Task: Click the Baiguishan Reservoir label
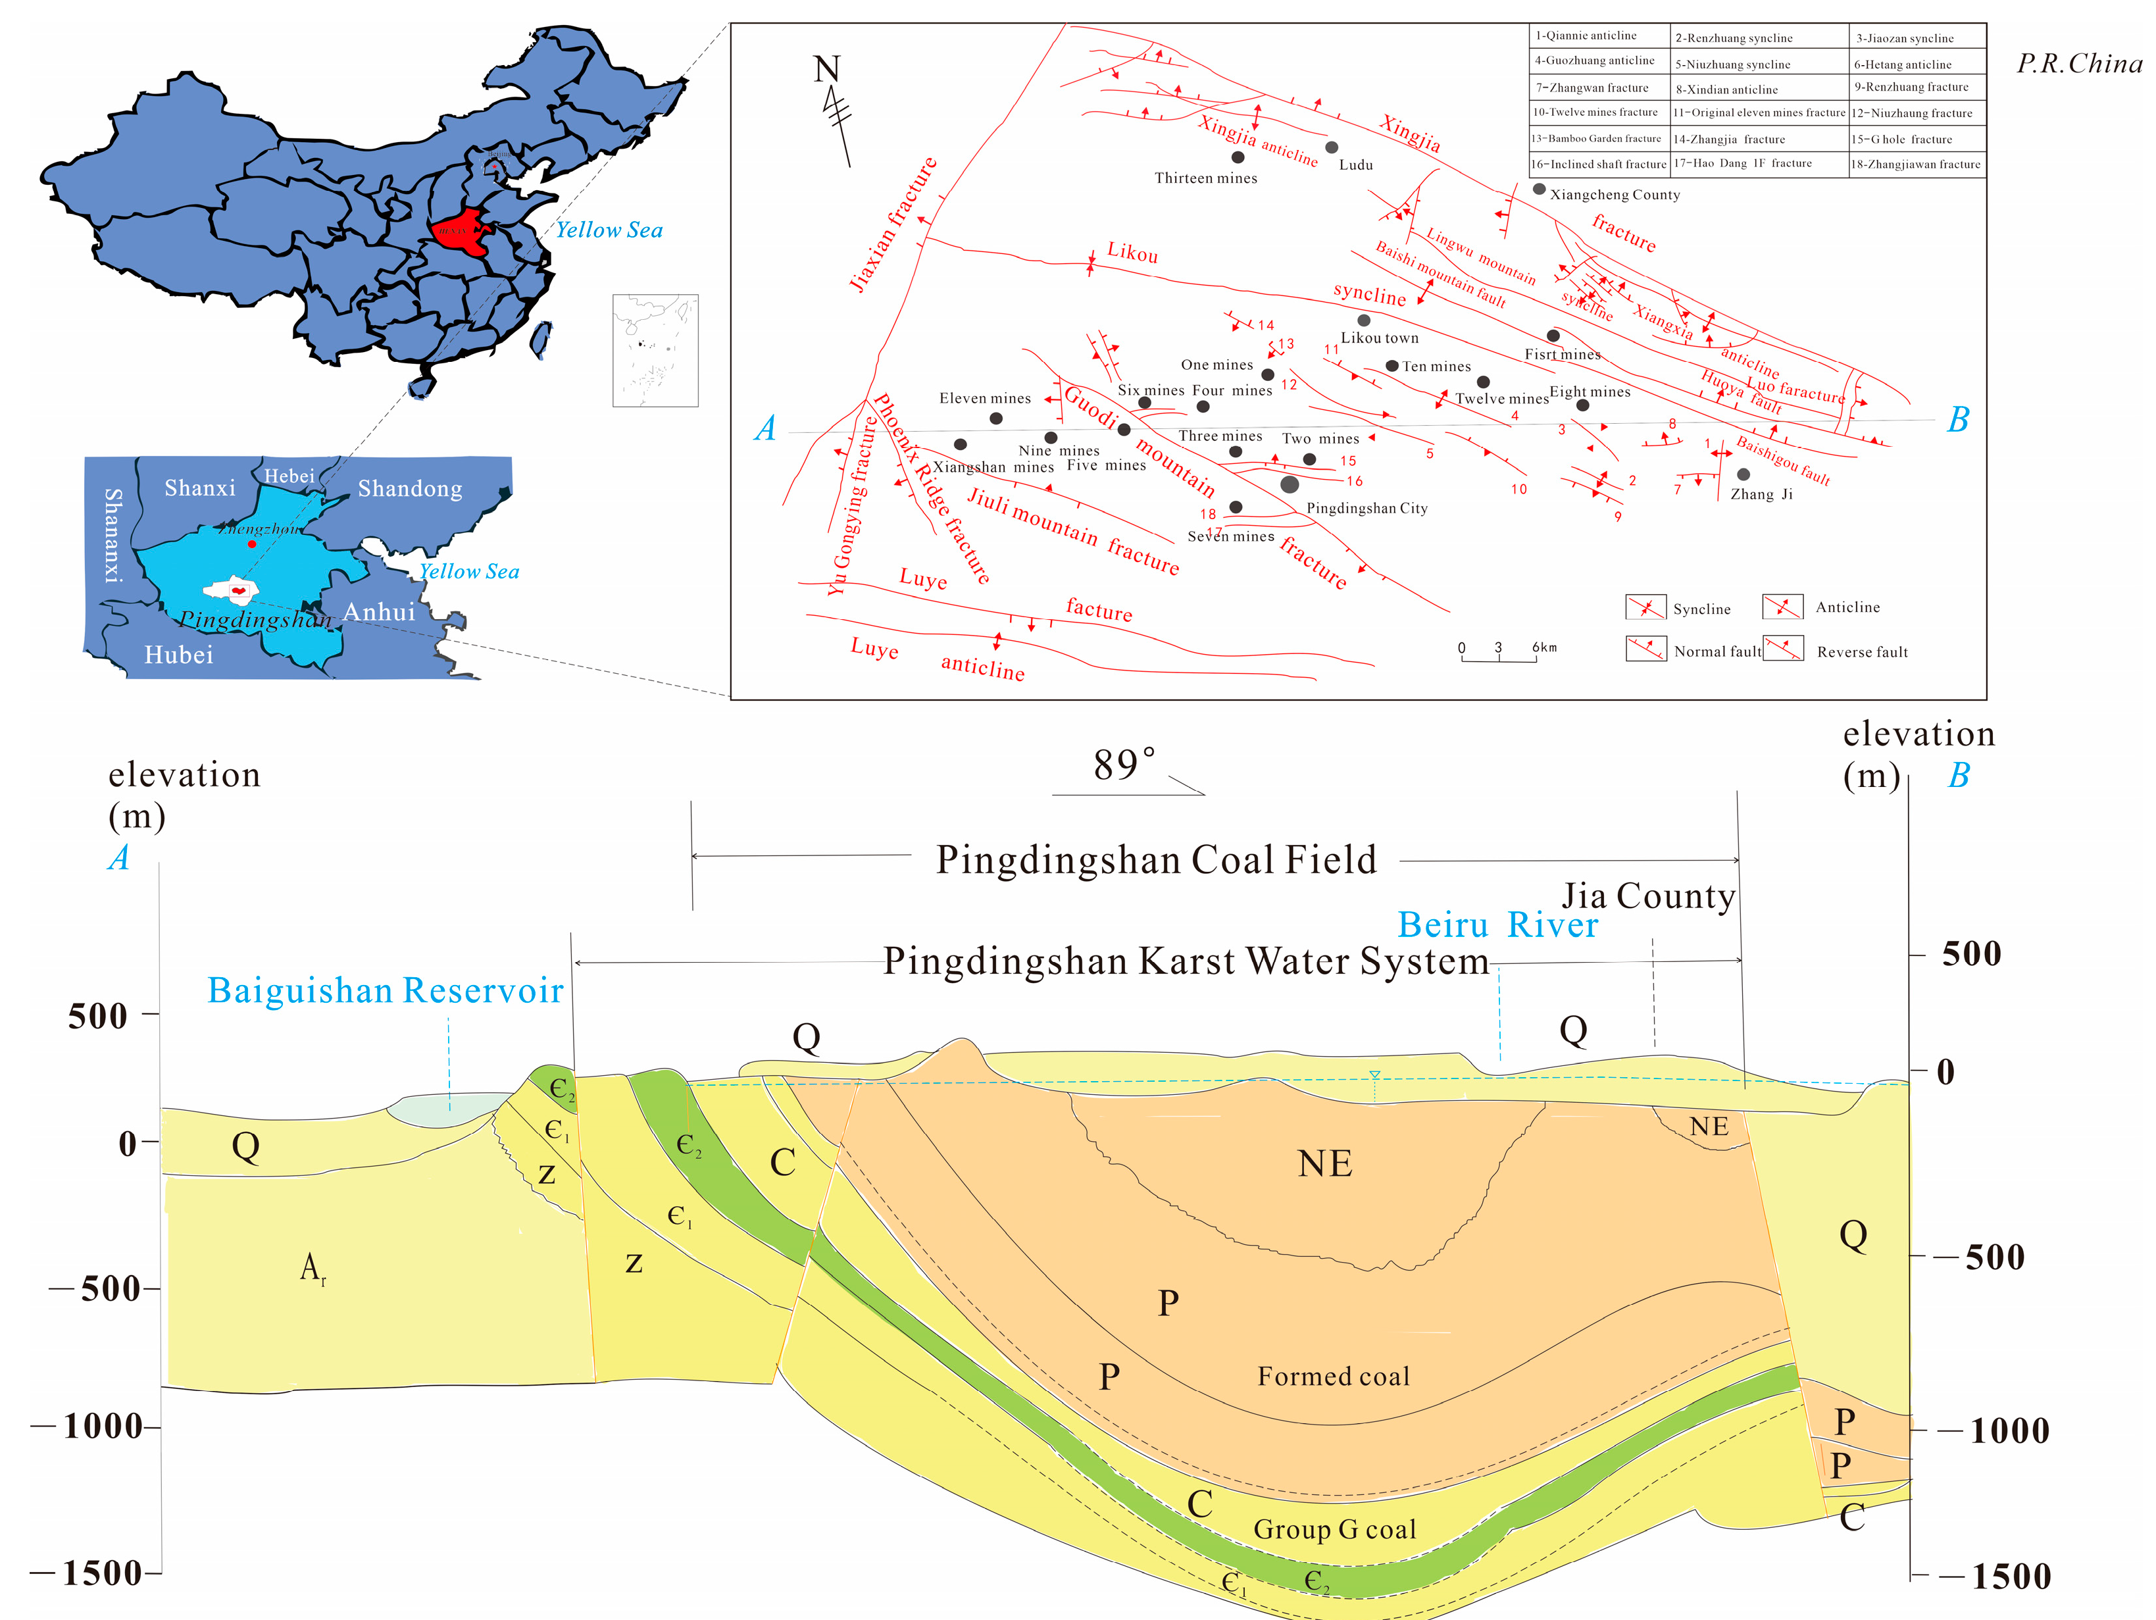(x=385, y=990)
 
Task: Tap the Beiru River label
(x=1497, y=924)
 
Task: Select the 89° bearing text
(x=1124, y=765)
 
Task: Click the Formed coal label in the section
(x=1334, y=1377)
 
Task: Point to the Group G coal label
(x=1334, y=1529)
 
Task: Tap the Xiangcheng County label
(x=1615, y=195)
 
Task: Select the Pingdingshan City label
(x=1366, y=508)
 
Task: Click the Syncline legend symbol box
(x=1645, y=607)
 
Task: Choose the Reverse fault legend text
(x=1862, y=652)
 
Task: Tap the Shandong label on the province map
(x=409, y=488)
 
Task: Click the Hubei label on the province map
(x=178, y=654)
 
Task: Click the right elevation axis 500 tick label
(x=1971, y=953)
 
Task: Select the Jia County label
(x=1648, y=896)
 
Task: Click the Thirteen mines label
(x=1206, y=178)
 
